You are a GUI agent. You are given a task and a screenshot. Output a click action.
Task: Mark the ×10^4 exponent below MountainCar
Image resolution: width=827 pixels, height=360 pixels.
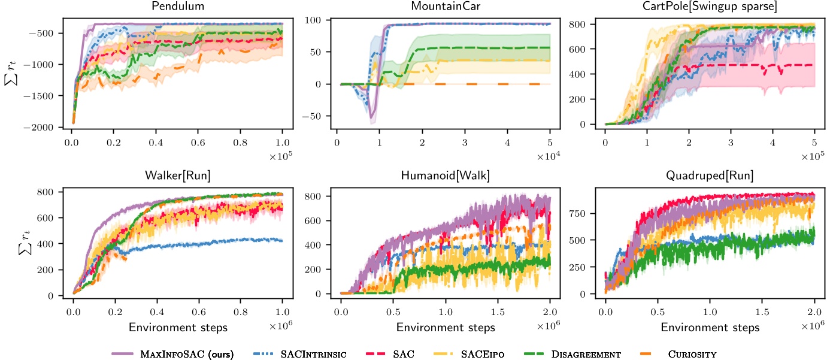(x=546, y=157)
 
